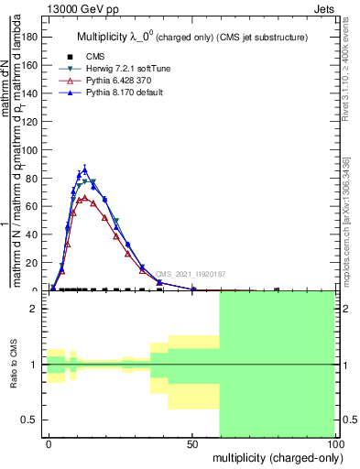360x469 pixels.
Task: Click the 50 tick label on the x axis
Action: (191, 442)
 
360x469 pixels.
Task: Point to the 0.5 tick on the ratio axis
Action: (30, 420)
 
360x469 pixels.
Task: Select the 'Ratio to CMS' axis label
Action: (14, 364)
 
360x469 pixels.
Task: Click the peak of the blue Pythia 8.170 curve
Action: (85, 169)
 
